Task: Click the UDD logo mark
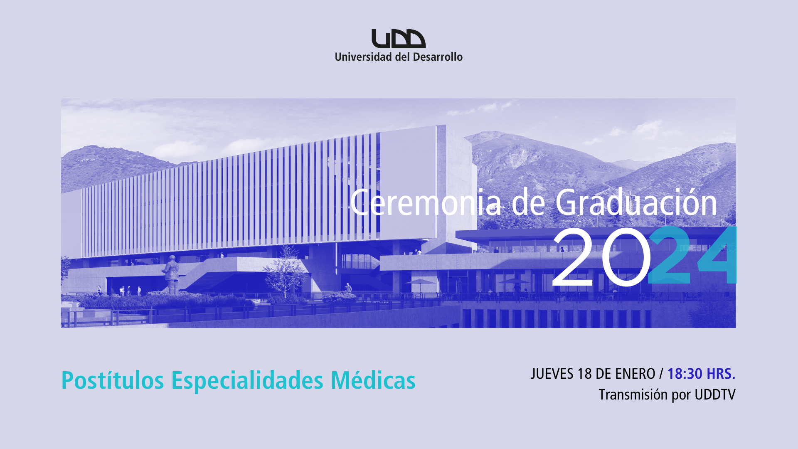[399, 39]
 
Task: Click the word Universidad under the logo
[363, 57]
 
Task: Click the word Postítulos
[113, 380]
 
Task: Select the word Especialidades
[247, 380]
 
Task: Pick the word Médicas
[373, 380]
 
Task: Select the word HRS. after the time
[721, 374]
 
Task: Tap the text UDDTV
[715, 394]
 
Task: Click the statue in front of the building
[171, 274]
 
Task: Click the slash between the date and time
[661, 374]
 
